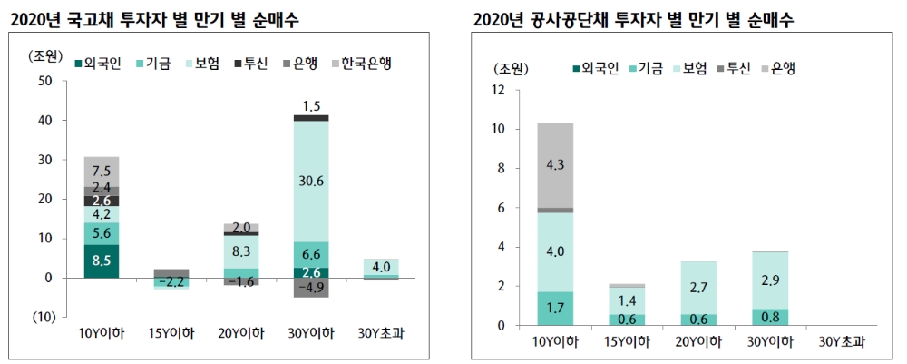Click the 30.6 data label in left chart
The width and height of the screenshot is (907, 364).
(x=311, y=182)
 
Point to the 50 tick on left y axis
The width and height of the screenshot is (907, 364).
(x=46, y=81)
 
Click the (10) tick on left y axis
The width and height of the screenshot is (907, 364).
(x=43, y=317)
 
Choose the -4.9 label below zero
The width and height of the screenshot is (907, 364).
(x=311, y=288)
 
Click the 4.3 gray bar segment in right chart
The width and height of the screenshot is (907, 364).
(x=555, y=165)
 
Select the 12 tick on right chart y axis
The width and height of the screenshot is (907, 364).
(x=497, y=90)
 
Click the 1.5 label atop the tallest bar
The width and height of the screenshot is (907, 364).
(x=311, y=105)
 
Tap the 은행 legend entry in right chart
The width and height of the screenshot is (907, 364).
(x=778, y=68)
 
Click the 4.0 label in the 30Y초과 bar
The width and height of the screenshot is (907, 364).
(x=380, y=267)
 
